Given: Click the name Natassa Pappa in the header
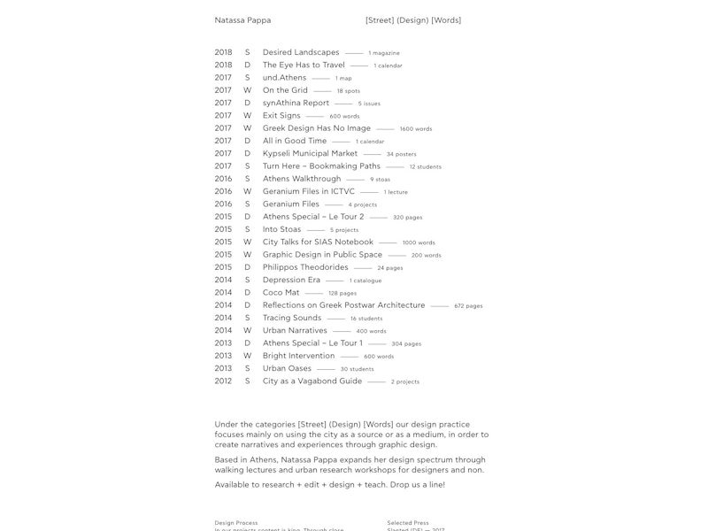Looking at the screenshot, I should [242, 20].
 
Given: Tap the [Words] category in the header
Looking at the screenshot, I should [445, 20].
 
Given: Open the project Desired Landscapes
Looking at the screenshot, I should [301, 52].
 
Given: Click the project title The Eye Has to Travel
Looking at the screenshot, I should [304, 65].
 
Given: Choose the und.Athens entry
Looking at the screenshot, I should [284, 78].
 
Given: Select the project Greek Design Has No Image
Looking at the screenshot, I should [317, 128].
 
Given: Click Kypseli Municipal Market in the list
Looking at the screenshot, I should [310, 153].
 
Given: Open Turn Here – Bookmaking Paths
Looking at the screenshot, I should [321, 165].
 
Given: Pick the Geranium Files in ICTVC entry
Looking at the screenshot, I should [308, 191].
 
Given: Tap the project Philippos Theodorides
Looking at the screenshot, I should [305, 267].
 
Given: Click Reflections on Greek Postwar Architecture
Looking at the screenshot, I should [343, 305].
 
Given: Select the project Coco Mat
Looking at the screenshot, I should [281, 292].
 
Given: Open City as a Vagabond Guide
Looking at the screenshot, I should [312, 381].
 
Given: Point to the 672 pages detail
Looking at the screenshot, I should [468, 306].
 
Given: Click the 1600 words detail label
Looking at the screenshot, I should [415, 129].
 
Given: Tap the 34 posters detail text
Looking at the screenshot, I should [401, 154].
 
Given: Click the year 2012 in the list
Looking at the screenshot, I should [223, 381].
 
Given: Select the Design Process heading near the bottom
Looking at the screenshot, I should [236, 523].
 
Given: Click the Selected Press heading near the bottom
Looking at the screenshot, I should [408, 523].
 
